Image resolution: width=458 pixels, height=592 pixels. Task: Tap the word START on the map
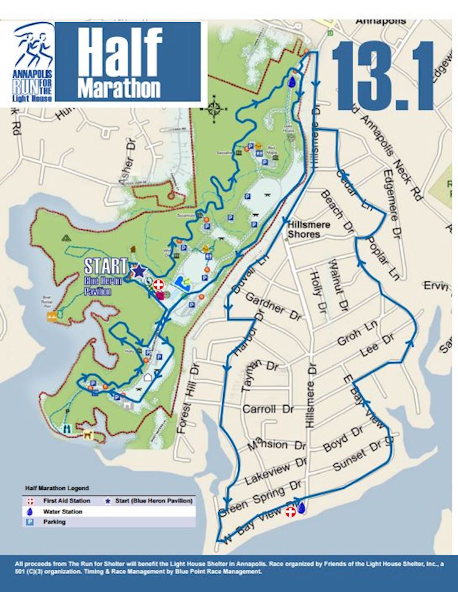105,266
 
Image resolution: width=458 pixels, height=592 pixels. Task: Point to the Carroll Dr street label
268,409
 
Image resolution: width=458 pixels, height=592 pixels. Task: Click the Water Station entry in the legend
63,512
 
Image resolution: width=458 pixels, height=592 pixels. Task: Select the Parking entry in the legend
54,522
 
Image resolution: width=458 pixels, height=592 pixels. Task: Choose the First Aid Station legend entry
66,501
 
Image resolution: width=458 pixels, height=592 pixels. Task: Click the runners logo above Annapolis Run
33,44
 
